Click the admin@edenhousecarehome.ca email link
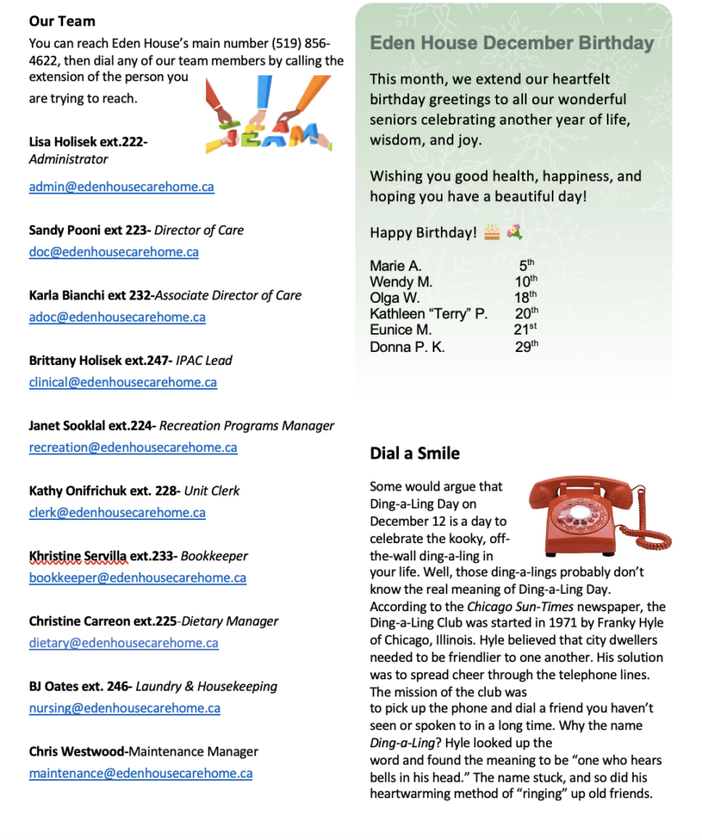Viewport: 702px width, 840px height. pyautogui.click(x=122, y=187)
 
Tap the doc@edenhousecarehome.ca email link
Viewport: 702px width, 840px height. pyautogui.click(x=113, y=252)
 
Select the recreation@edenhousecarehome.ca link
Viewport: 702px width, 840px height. pyautogui.click(x=133, y=448)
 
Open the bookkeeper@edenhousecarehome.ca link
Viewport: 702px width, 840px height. pyautogui.click(x=137, y=578)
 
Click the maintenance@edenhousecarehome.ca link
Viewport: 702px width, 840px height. pyautogui.click(x=140, y=774)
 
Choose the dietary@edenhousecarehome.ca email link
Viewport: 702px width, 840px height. pyautogui.click(x=123, y=643)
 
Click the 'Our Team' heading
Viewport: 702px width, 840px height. pyautogui.click(x=62, y=21)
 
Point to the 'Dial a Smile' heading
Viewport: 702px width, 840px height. pyautogui.click(x=415, y=454)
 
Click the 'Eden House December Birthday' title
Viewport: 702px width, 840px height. pyautogui.click(x=512, y=43)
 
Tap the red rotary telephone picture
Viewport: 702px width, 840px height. pyautogui.click(x=596, y=514)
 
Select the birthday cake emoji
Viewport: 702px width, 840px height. pyautogui.click(x=491, y=232)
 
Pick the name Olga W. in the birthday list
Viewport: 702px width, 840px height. pyautogui.click(x=394, y=298)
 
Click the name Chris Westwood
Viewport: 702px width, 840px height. pyautogui.click(x=77, y=752)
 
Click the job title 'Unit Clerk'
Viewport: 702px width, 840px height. pyautogui.click(x=212, y=491)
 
